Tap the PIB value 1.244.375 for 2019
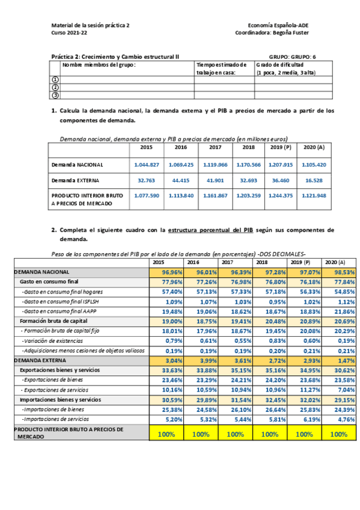tap(280, 196)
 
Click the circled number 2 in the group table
tap(56, 87)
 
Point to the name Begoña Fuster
tap(289, 34)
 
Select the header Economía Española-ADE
tap(278, 26)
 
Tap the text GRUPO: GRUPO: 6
tap(292, 56)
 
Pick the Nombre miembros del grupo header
tap(100, 64)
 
